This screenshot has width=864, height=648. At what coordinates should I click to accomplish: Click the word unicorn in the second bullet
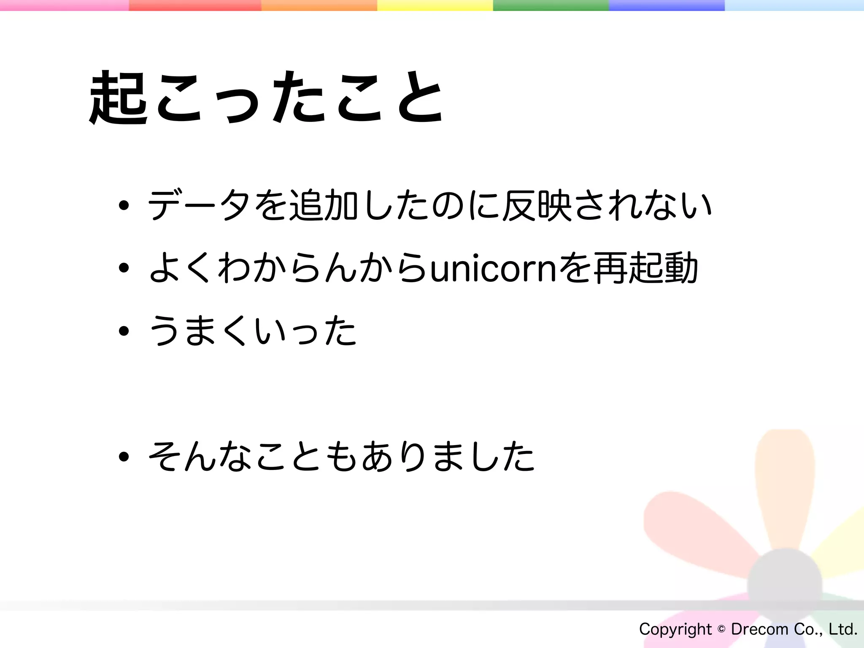pos(494,268)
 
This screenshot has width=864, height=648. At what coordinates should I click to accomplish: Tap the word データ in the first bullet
pos(198,205)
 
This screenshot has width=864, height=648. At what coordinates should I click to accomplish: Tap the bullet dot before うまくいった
pos(124,331)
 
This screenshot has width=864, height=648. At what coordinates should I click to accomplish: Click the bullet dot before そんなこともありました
pos(124,456)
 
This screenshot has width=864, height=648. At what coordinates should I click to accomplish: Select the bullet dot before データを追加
pos(124,206)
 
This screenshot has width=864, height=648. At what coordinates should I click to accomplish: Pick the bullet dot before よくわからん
pos(124,268)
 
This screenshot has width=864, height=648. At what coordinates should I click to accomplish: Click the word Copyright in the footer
pos(675,629)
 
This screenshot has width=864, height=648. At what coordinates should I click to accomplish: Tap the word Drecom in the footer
pos(759,629)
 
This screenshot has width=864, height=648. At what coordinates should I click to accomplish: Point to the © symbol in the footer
pos(721,629)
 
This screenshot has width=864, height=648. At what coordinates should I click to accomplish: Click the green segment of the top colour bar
pos(551,5)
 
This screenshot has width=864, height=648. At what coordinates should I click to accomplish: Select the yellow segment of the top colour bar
pos(435,5)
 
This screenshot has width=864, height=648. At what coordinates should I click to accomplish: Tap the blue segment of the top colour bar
pos(667,5)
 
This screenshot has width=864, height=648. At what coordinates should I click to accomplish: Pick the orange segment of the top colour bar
pos(319,5)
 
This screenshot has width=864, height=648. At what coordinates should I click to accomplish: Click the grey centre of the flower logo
pos(785,584)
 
